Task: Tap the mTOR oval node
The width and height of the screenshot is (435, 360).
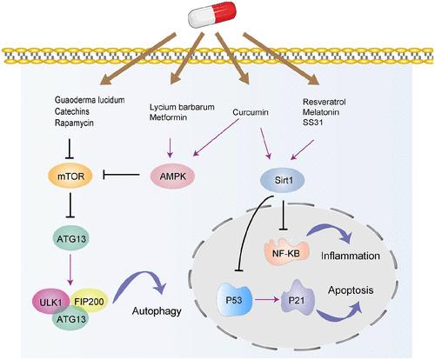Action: (70, 176)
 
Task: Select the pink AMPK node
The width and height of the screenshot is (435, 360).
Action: (172, 176)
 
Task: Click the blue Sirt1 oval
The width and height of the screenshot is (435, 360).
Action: (284, 180)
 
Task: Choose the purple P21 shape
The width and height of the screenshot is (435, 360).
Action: (298, 300)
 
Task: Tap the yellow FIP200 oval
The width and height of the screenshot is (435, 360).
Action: (89, 302)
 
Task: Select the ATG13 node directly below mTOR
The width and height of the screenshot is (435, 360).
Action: (71, 239)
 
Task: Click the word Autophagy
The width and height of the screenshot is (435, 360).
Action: (157, 311)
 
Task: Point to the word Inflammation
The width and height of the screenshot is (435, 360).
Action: (351, 256)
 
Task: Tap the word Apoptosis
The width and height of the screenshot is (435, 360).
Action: (351, 290)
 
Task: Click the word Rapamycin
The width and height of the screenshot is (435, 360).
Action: (74, 123)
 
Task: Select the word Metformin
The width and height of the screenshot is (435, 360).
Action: (168, 117)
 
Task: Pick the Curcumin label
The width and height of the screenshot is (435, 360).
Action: (251, 112)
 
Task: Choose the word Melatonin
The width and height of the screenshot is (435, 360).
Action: (321, 112)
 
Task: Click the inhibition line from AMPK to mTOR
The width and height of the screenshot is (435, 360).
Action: (122, 175)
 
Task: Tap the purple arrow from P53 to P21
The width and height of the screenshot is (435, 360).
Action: (266, 300)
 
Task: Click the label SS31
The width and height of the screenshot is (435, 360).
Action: (312, 123)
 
